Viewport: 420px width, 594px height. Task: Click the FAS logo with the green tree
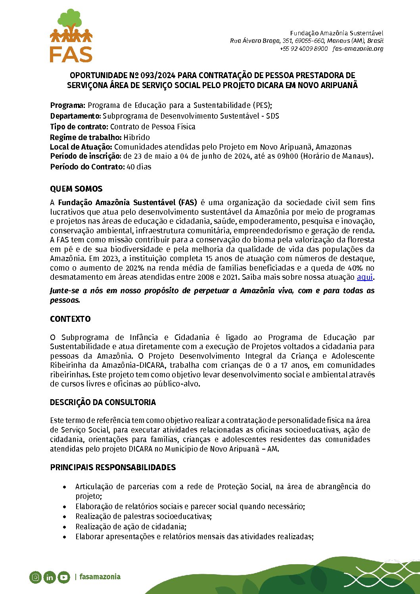tap(71, 36)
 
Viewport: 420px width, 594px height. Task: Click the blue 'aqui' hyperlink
tap(364, 277)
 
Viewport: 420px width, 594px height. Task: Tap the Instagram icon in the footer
tap(35, 577)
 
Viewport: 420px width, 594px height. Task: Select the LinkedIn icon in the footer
tap(50, 577)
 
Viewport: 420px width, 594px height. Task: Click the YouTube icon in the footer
tap(64, 577)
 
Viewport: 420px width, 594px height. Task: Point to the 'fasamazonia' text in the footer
tap(100, 577)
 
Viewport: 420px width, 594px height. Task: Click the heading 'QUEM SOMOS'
tap(76, 189)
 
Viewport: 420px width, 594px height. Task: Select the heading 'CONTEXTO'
tap(70, 319)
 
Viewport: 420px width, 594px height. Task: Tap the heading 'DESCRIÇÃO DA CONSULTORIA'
tap(103, 402)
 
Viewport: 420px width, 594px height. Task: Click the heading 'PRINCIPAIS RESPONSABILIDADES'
tap(113, 467)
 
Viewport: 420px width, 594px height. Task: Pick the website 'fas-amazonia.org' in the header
tap(358, 48)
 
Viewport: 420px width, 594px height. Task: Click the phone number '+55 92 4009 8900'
tap(304, 48)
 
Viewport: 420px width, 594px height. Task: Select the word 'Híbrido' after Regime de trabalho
tap(136, 137)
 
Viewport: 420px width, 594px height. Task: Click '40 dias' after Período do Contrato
tap(139, 167)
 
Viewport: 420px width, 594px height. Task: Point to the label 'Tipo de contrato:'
tap(79, 127)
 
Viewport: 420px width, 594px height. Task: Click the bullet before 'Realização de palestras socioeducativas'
tap(65, 517)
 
